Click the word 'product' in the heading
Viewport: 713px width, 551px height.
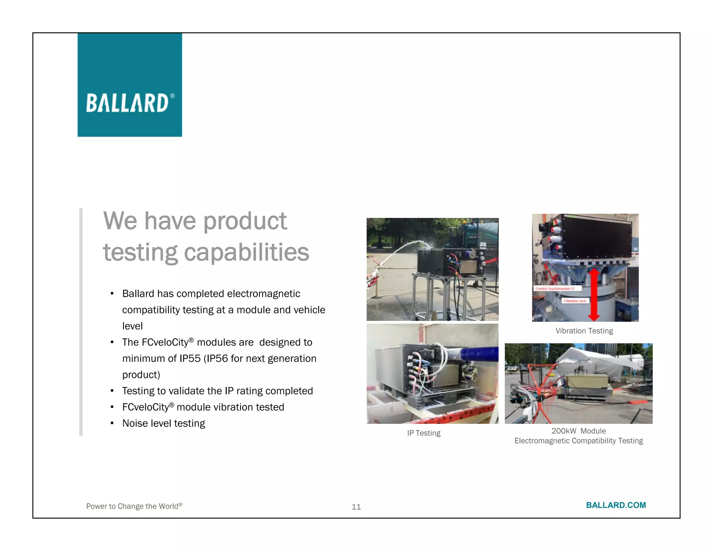point(245,221)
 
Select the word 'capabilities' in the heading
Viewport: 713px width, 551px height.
point(246,253)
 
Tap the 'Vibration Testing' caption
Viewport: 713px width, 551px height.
point(584,331)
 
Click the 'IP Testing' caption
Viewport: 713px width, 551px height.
point(424,433)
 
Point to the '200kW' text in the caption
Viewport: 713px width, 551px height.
point(564,431)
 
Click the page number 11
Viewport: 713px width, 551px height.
point(356,507)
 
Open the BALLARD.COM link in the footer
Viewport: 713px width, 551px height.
point(616,505)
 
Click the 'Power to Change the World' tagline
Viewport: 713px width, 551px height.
point(134,506)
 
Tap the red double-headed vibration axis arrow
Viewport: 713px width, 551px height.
point(594,294)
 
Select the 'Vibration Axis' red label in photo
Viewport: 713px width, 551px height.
point(575,301)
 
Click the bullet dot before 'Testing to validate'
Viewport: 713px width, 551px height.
point(112,391)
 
